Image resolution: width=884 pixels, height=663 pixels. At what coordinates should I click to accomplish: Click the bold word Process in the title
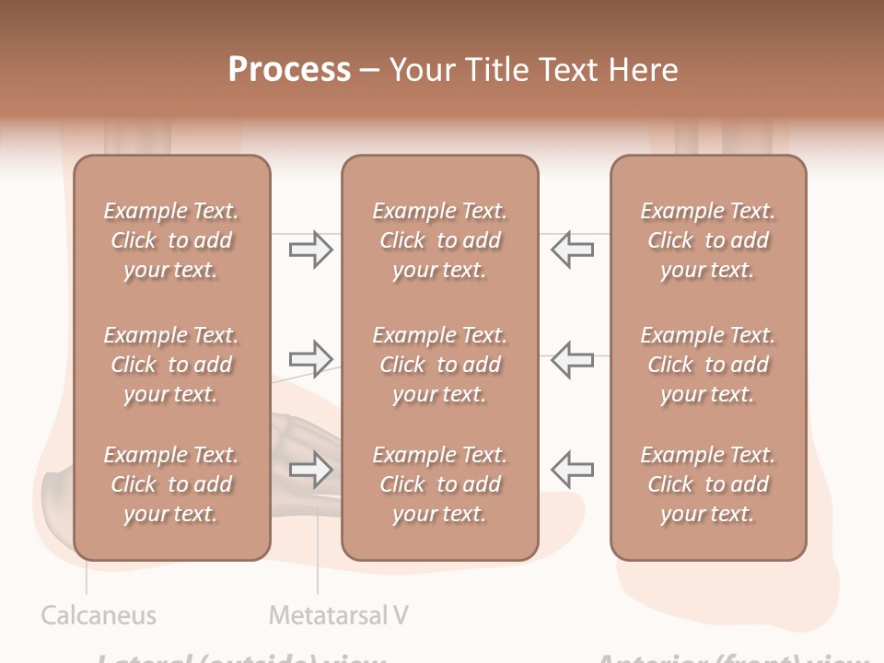[x=289, y=69]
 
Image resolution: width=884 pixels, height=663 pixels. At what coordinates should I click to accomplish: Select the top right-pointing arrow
[x=310, y=250]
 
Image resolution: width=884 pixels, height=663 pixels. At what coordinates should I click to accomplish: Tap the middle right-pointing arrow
[x=310, y=359]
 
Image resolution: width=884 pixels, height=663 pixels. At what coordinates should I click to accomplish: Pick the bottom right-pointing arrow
[x=310, y=470]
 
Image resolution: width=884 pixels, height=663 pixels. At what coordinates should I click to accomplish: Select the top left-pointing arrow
[x=573, y=250]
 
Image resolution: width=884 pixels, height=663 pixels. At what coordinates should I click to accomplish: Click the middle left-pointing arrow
[x=573, y=359]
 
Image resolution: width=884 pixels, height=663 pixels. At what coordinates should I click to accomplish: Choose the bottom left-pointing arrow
[x=573, y=470]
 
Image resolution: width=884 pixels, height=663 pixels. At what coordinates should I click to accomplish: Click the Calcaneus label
[x=99, y=615]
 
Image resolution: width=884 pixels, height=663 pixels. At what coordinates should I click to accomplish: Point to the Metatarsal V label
[x=338, y=615]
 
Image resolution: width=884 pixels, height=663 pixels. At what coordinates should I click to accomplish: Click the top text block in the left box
[x=171, y=240]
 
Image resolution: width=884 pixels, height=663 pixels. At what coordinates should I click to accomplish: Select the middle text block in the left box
[x=171, y=365]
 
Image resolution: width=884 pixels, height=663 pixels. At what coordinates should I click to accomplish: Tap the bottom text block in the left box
[x=171, y=484]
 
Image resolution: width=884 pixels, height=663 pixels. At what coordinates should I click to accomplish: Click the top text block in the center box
[x=439, y=240]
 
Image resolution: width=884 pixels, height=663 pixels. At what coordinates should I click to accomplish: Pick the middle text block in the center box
[x=439, y=365]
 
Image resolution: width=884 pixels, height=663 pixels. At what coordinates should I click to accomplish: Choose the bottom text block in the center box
[x=439, y=484]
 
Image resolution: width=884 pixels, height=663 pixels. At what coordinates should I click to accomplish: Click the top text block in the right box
[x=707, y=240]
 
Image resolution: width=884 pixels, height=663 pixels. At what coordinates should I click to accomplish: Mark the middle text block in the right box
[x=707, y=365]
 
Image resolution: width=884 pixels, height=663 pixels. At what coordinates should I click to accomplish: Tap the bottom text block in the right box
[x=707, y=484]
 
